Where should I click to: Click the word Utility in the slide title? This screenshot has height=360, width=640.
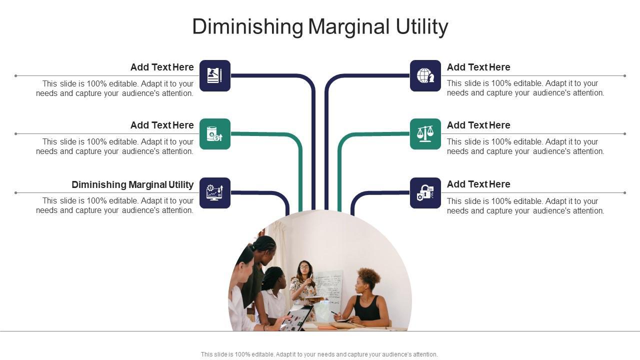(421, 26)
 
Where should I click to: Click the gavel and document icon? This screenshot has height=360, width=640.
(215, 75)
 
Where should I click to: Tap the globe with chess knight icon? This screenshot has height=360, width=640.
(425, 75)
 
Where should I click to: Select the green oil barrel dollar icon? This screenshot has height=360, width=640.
(215, 134)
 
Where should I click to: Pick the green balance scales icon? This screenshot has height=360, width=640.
(425, 134)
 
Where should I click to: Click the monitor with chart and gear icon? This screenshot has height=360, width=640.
(215, 193)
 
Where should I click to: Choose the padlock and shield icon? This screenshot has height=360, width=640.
(425, 193)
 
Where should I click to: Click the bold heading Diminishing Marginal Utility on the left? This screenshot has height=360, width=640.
(132, 184)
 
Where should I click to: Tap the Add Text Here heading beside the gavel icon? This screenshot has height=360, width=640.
(162, 67)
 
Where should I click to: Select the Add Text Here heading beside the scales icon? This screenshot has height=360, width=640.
(478, 125)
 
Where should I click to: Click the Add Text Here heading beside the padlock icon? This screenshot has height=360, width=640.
(478, 184)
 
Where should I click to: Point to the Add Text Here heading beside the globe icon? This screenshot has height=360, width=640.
(478, 67)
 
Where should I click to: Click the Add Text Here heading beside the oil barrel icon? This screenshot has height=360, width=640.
(162, 125)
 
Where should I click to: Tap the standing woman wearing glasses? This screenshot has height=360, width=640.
(303, 288)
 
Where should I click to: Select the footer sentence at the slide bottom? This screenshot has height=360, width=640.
(319, 354)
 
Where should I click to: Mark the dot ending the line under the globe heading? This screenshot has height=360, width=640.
(625, 75)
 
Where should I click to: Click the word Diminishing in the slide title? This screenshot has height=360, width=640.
(247, 26)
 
